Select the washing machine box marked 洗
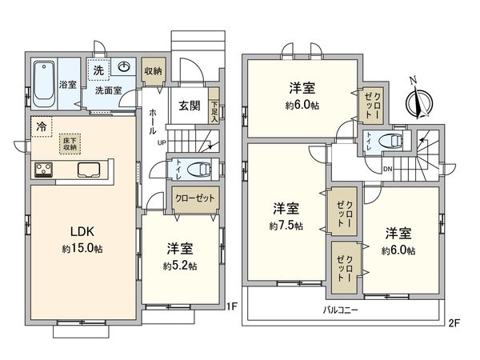point(98,70)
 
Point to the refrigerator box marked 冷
point(41,126)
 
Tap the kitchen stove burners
point(43,170)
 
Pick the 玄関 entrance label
point(189,105)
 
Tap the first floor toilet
point(198,169)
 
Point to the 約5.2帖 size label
point(182,266)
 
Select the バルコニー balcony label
point(341,309)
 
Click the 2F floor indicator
point(453,323)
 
